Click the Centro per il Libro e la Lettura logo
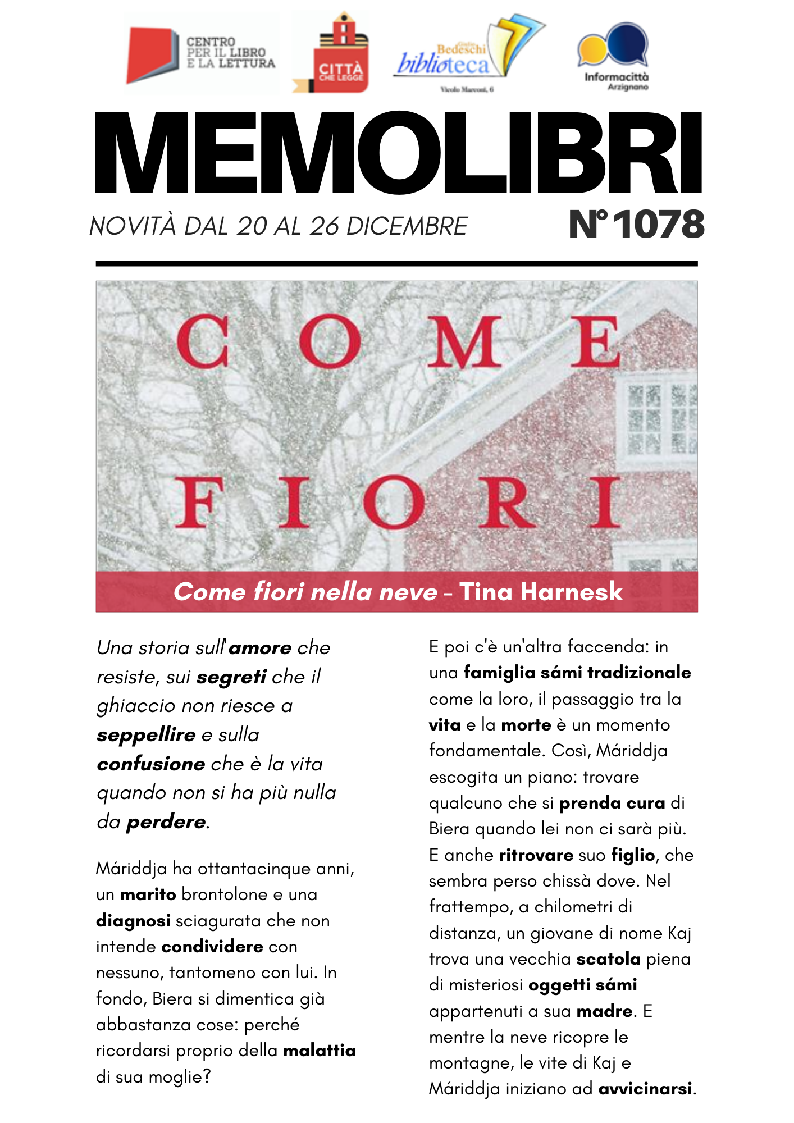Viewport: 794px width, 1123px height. coord(200,54)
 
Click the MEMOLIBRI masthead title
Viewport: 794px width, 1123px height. coord(398,153)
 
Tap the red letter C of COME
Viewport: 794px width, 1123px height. coord(203,341)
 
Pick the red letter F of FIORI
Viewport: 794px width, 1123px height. coord(199,503)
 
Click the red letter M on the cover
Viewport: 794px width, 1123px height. coord(464,341)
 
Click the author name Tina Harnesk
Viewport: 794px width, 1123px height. coord(541,592)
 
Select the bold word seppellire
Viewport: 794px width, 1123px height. coord(146,735)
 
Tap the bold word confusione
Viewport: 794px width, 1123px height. coord(151,764)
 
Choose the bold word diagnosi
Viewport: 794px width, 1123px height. coord(133,921)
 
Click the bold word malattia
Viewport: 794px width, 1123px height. coord(320,1051)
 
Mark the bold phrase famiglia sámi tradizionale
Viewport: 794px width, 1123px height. coord(577,673)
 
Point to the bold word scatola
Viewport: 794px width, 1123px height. coord(608,959)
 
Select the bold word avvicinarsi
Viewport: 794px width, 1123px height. coord(645,1089)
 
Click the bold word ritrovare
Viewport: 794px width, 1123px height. coord(536,855)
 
